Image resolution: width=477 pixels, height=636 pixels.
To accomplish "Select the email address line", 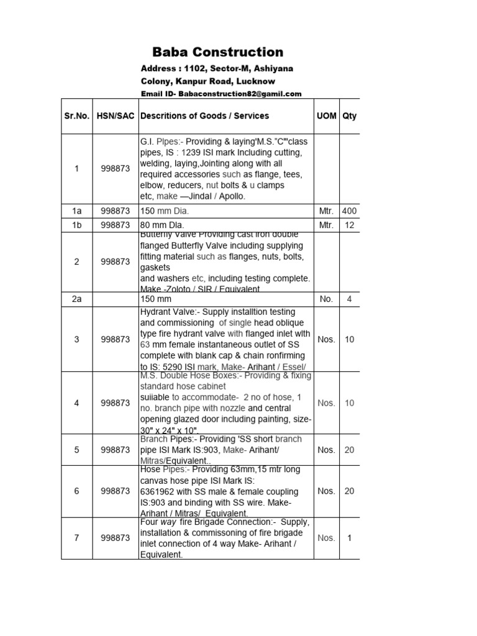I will click(221, 94).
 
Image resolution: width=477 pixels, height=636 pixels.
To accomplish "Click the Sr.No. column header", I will click(76, 116).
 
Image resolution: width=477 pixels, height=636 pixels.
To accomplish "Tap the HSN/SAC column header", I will click(115, 116).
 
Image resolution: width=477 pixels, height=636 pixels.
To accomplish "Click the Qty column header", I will click(349, 116).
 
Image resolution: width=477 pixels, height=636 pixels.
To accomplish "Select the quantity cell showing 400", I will click(349, 211).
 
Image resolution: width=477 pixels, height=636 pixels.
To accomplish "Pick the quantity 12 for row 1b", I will click(349, 225).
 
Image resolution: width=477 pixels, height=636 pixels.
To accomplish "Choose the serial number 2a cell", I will click(76, 299).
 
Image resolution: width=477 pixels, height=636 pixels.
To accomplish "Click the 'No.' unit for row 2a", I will click(325, 299).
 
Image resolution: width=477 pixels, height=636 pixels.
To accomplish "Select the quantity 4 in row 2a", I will click(349, 299).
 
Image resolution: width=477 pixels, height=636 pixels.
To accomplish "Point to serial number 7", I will click(76, 538).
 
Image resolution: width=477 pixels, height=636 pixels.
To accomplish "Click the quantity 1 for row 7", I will click(349, 538).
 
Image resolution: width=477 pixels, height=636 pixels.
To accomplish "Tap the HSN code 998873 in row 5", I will click(115, 450).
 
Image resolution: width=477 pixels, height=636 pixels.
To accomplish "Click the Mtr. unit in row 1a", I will click(325, 211).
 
